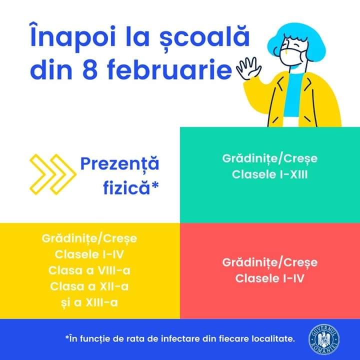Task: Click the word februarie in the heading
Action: (169, 69)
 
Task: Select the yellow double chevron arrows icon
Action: (53, 174)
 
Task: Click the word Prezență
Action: (119, 164)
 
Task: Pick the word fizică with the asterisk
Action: (131, 188)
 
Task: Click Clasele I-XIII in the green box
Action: (270, 174)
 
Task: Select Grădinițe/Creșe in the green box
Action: (270, 158)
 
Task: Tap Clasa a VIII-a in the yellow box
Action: (89, 270)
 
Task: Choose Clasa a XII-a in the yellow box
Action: (89, 286)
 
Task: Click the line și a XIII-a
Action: (89, 302)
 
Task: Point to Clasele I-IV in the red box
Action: (270, 278)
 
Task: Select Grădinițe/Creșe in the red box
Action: (270, 262)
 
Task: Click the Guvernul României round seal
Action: (324, 339)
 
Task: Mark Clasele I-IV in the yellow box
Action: (89, 254)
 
